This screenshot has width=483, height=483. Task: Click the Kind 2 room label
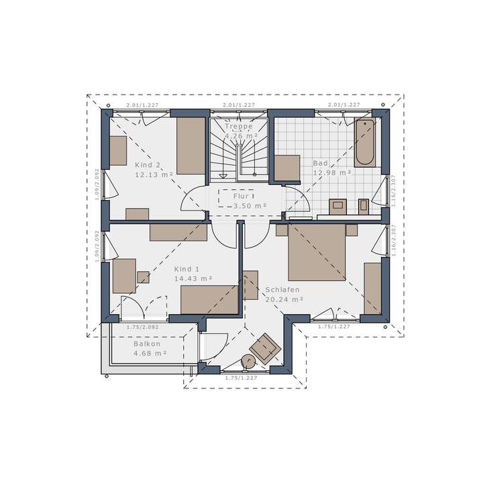click(148, 165)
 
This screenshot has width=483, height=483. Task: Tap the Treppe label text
click(238, 126)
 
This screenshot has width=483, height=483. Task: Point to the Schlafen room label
click(282, 290)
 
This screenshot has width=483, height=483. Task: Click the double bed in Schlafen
click(317, 252)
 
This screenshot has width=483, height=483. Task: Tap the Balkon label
click(146, 343)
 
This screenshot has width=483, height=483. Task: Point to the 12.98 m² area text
click(332, 172)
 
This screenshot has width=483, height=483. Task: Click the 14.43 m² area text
click(193, 278)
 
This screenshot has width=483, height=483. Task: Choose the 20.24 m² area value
click(284, 300)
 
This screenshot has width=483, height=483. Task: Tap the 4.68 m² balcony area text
click(150, 353)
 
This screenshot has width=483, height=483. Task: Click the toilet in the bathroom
click(364, 205)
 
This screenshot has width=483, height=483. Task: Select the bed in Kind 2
click(190, 146)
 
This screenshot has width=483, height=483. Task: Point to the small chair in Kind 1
click(144, 276)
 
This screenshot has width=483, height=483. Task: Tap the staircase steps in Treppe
click(238, 158)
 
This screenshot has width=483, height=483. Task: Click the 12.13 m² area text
click(154, 174)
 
